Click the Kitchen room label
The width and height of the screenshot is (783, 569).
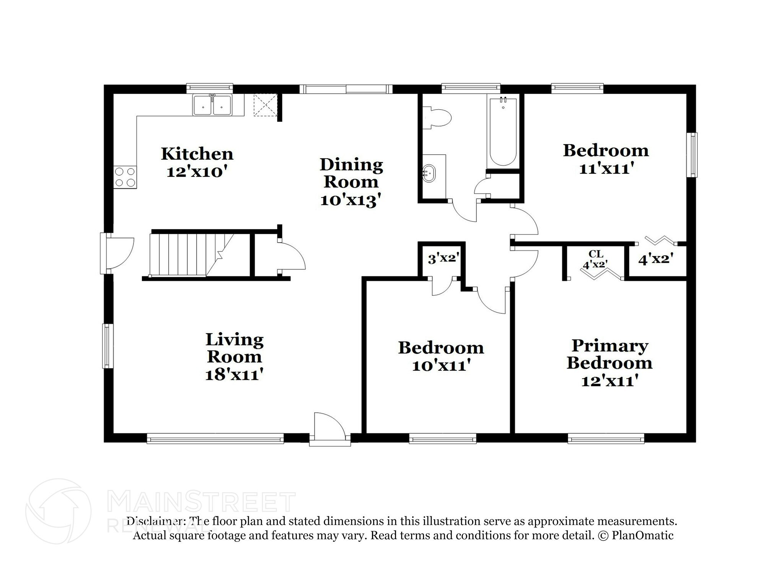[197, 154]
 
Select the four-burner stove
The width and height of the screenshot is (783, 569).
[125, 177]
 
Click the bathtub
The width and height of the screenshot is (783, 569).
[503, 131]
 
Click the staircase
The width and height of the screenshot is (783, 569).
[187, 255]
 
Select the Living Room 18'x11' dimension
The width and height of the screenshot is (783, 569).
[234, 374]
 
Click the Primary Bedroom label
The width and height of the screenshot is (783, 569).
[609, 354]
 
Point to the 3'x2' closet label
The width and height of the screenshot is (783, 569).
[443, 259]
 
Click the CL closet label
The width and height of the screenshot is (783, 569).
[595, 254]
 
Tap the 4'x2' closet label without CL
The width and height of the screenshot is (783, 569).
[655, 260]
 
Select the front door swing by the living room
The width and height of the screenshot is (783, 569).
[328, 426]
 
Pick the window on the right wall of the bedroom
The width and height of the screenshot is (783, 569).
[691, 155]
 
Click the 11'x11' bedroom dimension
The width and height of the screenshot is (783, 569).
[606, 168]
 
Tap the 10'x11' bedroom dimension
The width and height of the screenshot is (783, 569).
[441, 366]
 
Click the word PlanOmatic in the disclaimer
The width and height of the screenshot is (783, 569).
[642, 535]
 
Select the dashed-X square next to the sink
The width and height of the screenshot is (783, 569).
[265, 105]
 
